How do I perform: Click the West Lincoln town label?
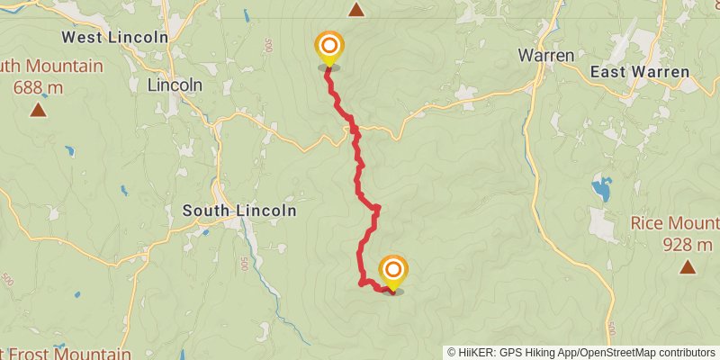point(114,37)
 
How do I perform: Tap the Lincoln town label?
point(175,85)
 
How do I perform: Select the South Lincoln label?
point(238,211)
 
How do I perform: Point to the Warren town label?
point(546,55)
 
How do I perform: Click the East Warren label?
point(640,72)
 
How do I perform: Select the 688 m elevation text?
point(39,87)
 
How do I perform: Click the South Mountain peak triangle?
point(38,110)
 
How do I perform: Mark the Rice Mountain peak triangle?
point(688,266)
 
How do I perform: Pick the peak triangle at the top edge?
point(356,10)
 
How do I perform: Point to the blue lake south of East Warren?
point(600,190)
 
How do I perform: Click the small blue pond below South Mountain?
point(69,151)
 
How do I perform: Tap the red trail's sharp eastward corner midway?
point(378,208)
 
